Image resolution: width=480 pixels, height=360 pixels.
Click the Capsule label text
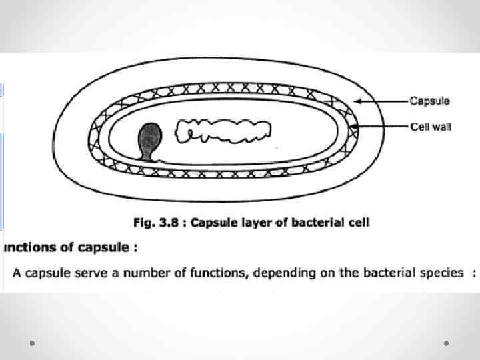coord(429,101)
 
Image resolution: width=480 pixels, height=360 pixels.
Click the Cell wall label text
coord(430,126)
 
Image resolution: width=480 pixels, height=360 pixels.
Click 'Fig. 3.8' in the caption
coord(160,223)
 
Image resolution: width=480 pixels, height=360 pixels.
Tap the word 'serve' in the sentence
coord(78,273)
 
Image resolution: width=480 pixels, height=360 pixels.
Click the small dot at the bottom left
coord(32,343)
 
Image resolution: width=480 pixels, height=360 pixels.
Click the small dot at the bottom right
coord(446,343)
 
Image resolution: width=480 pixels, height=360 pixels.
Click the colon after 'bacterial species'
coord(473,273)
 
